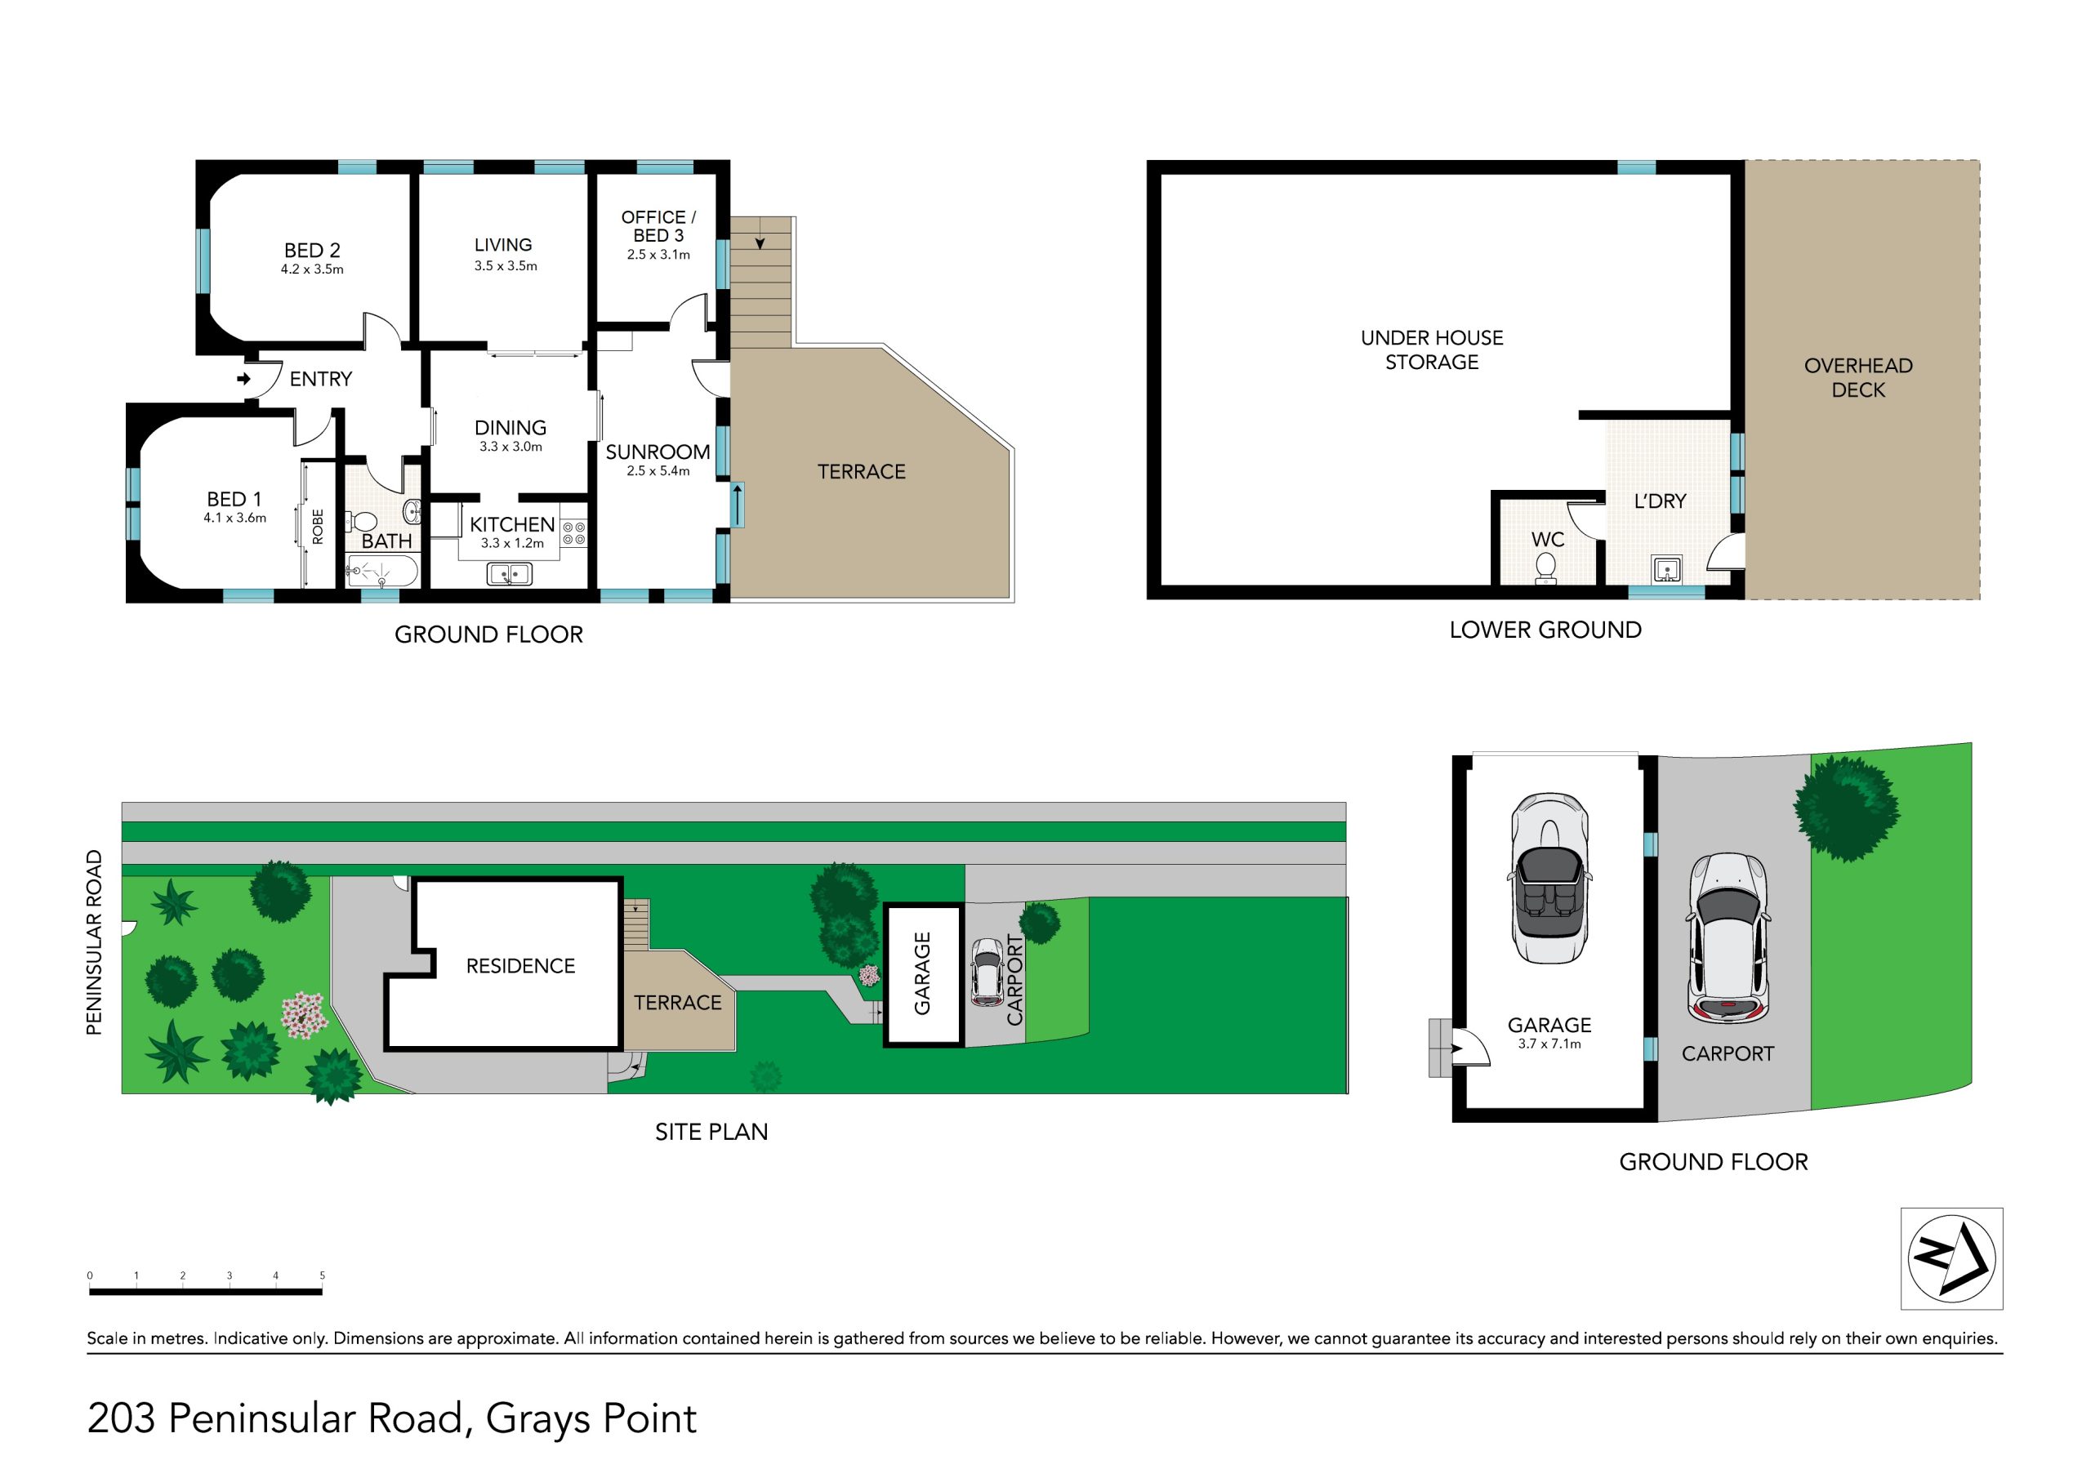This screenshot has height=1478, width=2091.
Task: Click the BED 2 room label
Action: pos(312,251)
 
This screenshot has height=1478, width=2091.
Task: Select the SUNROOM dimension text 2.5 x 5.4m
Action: pos(658,471)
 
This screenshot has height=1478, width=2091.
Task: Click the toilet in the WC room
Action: pos(1545,568)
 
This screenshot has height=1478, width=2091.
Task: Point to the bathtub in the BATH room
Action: pos(381,572)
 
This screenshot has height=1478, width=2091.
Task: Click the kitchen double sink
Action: pos(510,575)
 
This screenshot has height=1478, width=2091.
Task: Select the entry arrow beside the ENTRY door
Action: pos(244,379)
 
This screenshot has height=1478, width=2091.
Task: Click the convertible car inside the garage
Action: pos(1549,878)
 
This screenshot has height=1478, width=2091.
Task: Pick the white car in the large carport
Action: pos(1728,938)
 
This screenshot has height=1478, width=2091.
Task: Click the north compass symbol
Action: pos(1951,1258)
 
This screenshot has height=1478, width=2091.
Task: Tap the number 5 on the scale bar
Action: pos(323,1275)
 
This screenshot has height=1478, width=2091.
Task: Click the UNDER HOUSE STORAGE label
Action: pos(1432,349)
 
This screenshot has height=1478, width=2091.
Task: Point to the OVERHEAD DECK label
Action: pos(1858,378)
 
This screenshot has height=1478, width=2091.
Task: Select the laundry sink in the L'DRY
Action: pos(1666,570)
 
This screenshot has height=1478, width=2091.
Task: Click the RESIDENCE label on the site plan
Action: pos(521,966)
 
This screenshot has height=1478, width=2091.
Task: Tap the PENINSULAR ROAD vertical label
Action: pos(94,942)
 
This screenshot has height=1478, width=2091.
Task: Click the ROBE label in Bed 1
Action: pos(318,528)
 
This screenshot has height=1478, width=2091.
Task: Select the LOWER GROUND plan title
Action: pos(1545,630)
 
